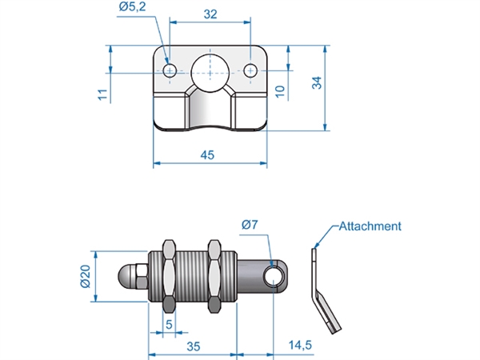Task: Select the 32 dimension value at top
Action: point(210,15)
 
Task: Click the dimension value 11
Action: point(102,94)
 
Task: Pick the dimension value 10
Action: point(279,91)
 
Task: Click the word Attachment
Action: point(370,226)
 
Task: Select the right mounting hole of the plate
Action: point(252,70)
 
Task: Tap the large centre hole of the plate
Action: point(210,70)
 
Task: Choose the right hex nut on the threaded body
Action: point(214,276)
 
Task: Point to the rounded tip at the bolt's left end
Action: point(126,277)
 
